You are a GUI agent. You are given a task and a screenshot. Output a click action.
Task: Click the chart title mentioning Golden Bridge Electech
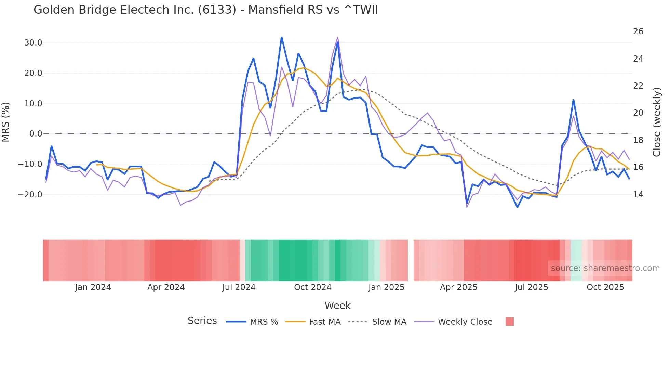coord(206,10)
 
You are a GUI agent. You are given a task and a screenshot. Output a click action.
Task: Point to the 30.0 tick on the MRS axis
coord(33,43)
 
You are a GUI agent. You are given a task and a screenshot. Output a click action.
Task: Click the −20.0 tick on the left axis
coord(30,194)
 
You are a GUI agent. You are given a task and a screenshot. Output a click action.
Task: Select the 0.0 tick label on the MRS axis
coord(36,134)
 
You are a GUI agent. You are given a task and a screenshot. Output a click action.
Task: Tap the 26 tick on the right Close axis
coord(638,31)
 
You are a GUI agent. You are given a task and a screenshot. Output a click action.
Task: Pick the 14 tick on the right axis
coord(638,194)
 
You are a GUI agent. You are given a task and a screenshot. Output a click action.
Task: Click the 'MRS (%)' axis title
coord(6,122)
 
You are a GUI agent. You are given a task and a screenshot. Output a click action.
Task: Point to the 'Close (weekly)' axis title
coord(656,122)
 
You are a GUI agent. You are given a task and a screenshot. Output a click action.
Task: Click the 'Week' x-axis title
coord(337,305)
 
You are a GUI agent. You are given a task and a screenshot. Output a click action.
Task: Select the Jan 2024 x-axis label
coord(93,287)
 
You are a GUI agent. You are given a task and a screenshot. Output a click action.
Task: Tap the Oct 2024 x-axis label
coord(312,287)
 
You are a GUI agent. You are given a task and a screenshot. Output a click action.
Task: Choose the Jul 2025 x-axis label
coord(531,287)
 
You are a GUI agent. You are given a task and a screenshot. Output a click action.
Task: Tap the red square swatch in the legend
coord(509,322)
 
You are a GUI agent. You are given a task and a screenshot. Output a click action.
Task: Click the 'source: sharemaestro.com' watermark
coord(605,268)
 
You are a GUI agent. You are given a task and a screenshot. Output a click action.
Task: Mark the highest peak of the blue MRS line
coord(281,37)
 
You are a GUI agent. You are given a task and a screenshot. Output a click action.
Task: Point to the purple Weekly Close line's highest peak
coord(338,37)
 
